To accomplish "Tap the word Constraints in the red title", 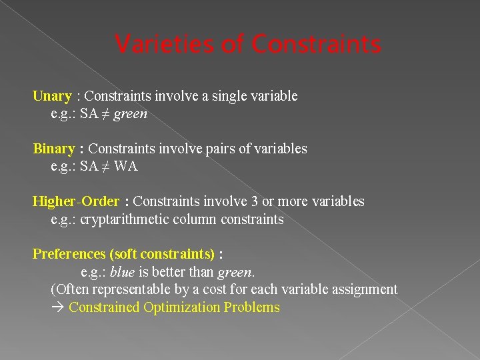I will tap(317, 45).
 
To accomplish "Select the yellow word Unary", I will tap(52, 96).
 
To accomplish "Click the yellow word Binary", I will tap(54, 149).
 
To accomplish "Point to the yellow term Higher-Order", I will tap(76, 201).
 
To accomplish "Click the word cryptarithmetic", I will tap(124, 219).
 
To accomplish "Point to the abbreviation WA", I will tap(126, 167).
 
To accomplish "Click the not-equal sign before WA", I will tap(106, 167).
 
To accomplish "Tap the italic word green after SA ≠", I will tap(131, 114).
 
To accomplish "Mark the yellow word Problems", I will tap(252, 307).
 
